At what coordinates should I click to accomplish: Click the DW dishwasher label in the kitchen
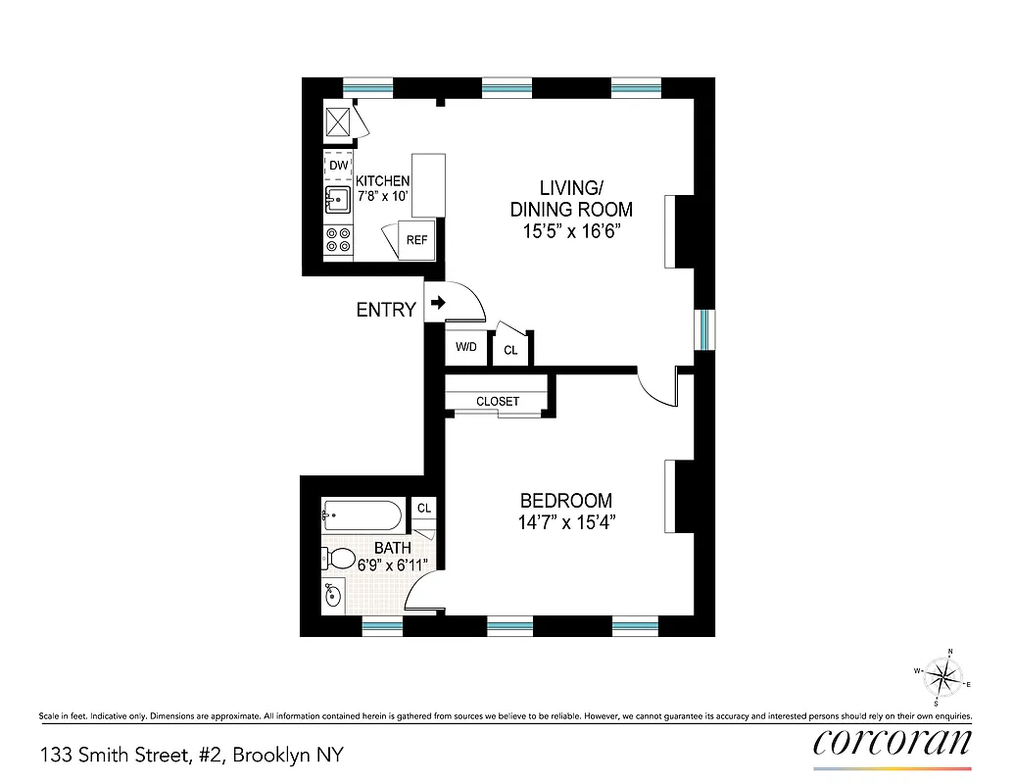338,166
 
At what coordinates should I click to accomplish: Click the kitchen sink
338,201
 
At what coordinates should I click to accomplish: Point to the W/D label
466,348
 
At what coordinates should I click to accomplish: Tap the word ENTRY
386,311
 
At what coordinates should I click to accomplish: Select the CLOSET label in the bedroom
498,402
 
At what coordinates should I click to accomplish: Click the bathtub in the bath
362,514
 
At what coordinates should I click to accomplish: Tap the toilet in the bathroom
339,559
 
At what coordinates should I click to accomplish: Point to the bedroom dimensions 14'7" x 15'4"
565,523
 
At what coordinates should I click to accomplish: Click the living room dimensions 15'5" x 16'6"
570,233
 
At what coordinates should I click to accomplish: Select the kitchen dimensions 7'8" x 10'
381,196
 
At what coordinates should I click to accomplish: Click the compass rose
943,676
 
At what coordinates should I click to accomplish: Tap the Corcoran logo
893,740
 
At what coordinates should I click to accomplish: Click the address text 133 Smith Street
191,756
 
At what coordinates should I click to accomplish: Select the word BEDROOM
565,500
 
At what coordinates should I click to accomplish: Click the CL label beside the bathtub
424,508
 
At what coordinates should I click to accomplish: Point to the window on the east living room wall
703,329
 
